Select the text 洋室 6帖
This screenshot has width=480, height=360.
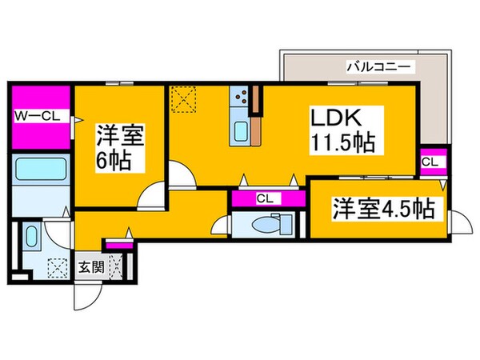120,148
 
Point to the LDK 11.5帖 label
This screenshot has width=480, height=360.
342,134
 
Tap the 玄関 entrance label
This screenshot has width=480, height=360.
89,266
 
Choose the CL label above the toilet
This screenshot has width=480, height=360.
263,198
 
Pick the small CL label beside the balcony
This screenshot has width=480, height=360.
430,162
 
